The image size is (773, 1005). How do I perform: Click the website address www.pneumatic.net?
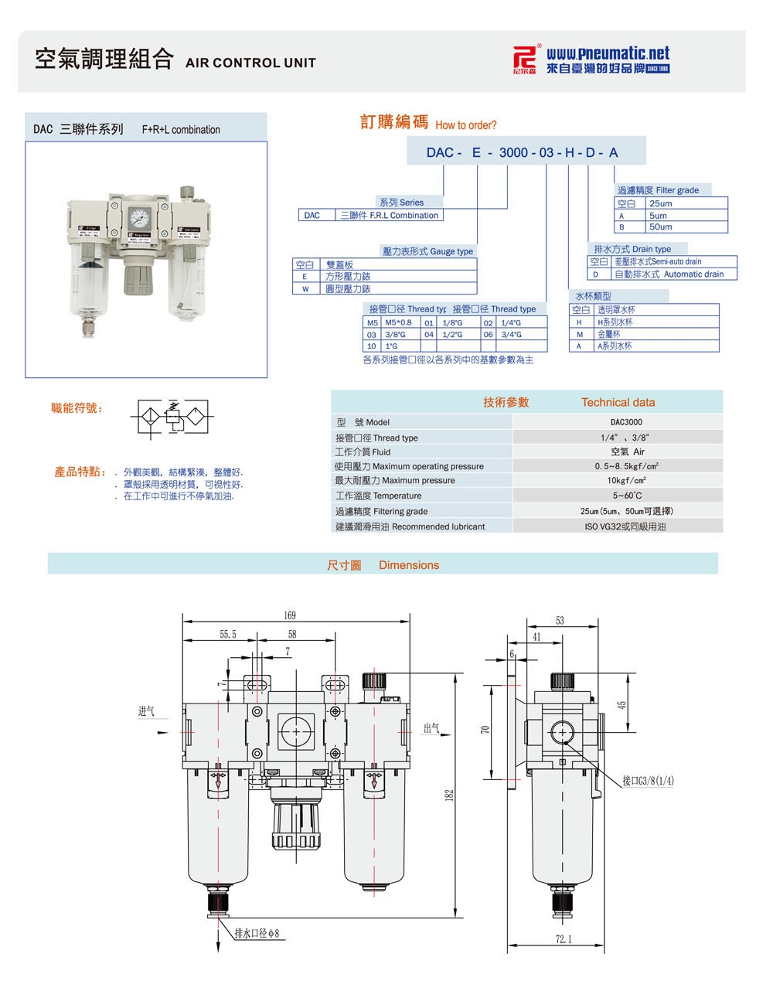tap(608, 53)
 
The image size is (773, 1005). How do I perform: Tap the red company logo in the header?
tap(526, 60)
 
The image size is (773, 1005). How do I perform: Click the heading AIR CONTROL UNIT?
tap(250, 63)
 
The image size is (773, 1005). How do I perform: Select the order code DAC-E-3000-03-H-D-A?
tap(522, 152)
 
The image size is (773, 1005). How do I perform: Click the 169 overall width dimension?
tap(290, 615)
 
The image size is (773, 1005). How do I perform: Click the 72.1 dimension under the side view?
tap(564, 939)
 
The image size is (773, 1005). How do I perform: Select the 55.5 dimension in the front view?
tap(227, 634)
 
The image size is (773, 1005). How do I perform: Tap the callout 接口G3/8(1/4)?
tap(648, 780)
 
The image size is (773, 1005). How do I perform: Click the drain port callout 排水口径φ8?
tap(262, 933)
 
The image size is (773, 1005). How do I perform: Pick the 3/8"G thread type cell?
tap(397, 335)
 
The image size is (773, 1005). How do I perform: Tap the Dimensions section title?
tap(408, 565)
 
